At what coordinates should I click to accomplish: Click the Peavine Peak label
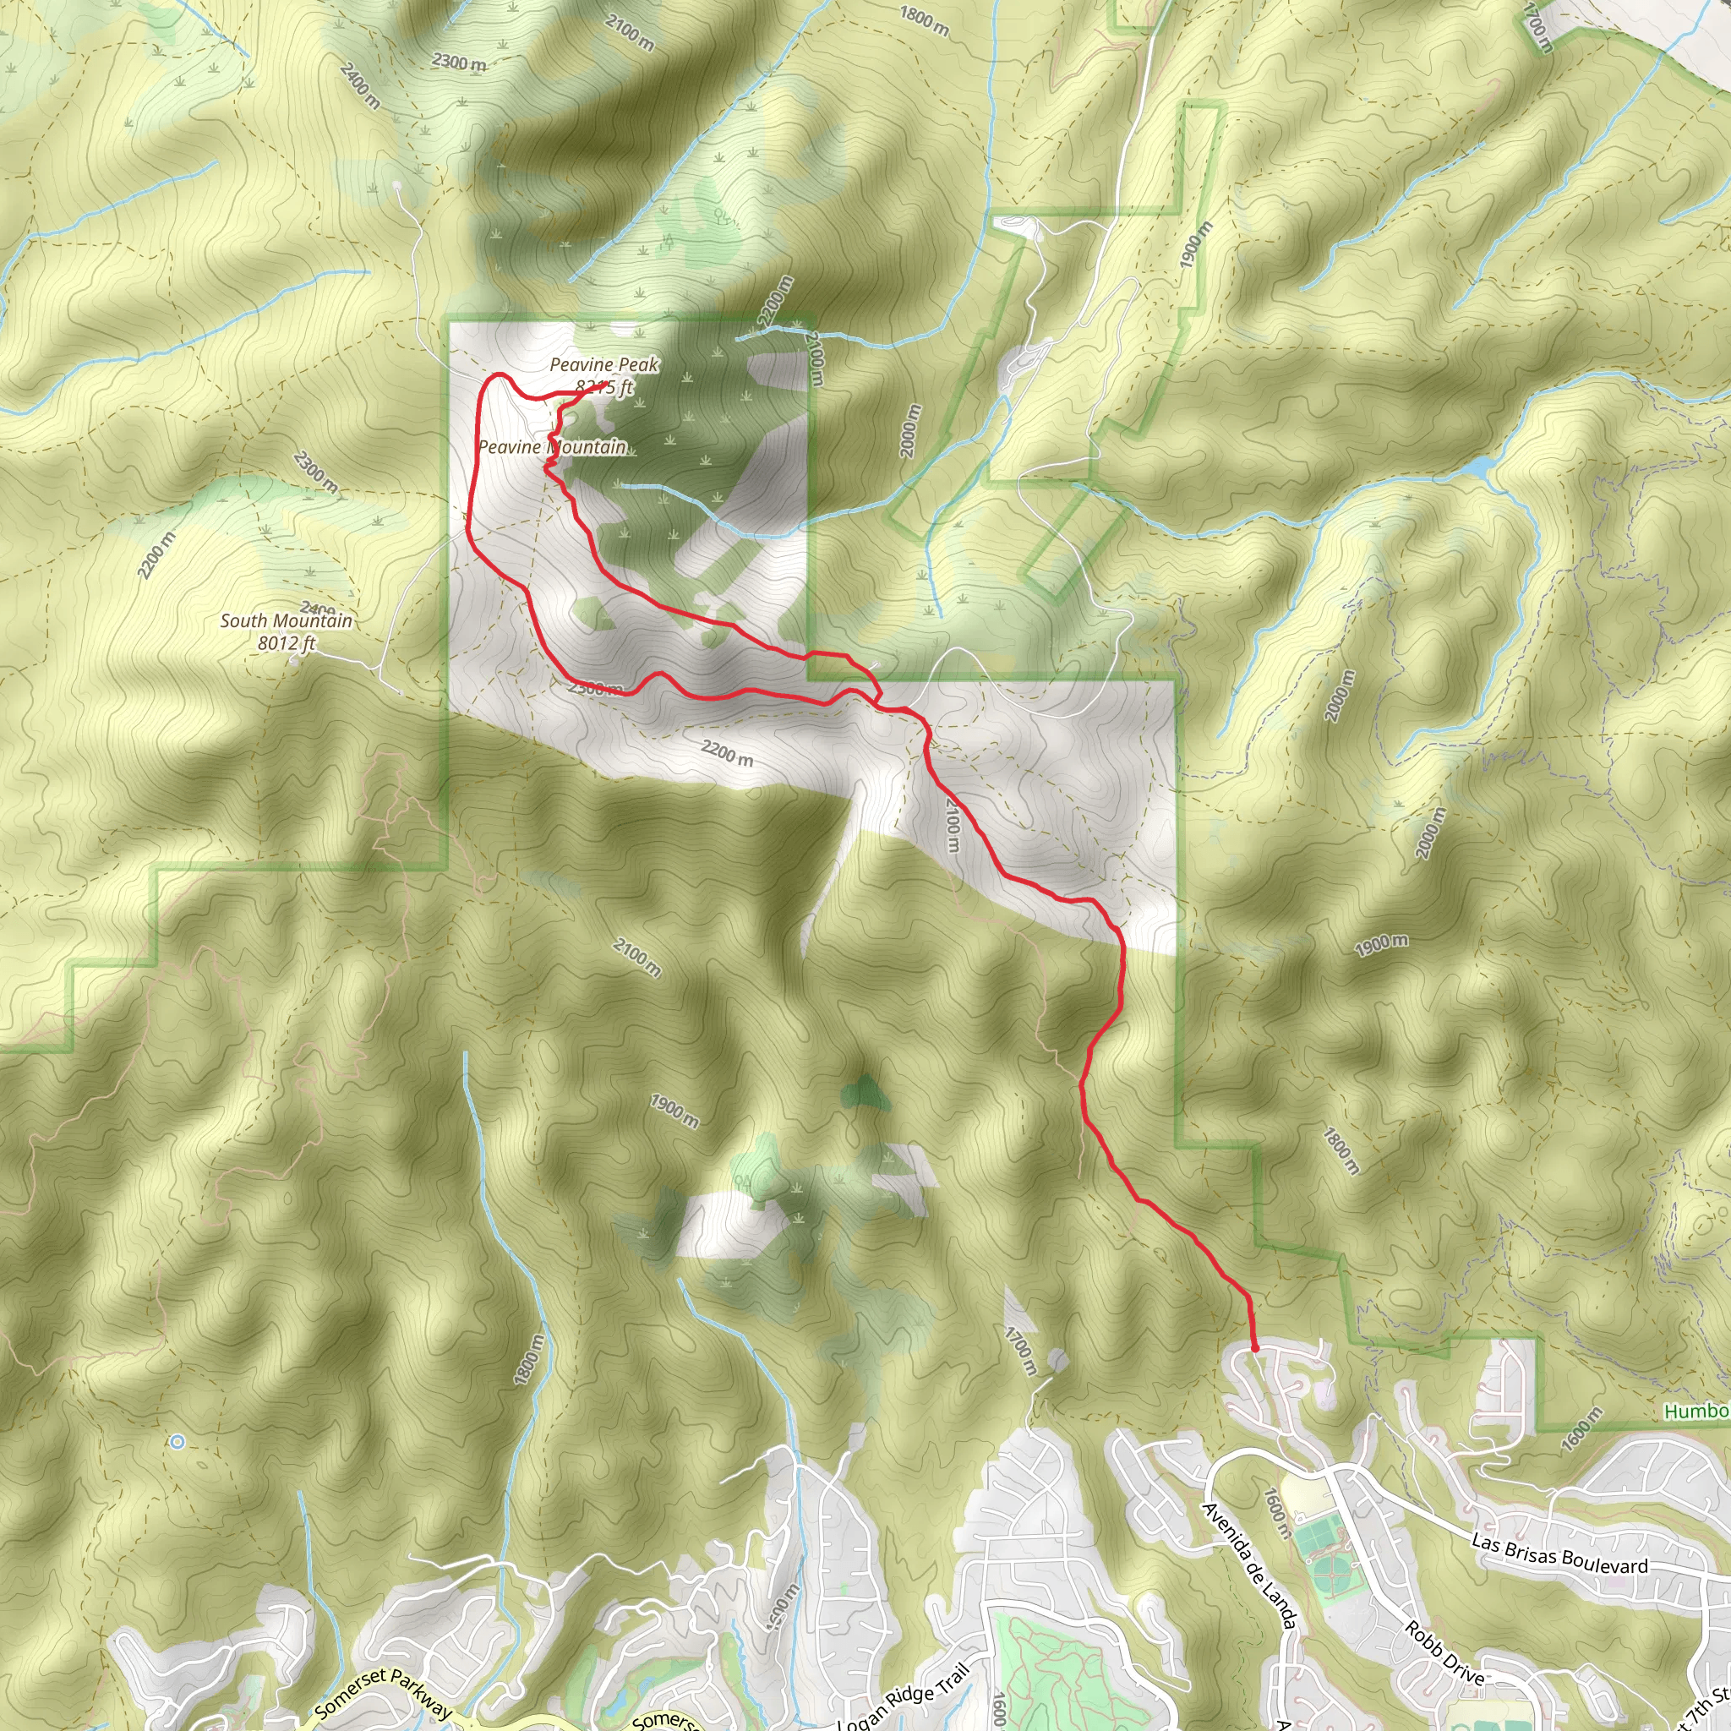603,364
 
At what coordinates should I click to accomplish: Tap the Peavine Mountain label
552,446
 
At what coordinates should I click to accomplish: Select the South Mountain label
286,620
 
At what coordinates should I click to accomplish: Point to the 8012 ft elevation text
286,642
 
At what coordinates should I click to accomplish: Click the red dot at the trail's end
1254,1347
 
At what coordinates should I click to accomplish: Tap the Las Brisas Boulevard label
1559,1554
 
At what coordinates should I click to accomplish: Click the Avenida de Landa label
1249,1564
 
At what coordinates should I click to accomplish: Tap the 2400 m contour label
360,86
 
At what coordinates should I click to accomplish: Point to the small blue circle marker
177,1442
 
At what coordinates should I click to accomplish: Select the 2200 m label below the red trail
727,752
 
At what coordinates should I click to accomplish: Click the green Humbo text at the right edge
1696,1412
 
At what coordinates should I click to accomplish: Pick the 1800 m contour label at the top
924,21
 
